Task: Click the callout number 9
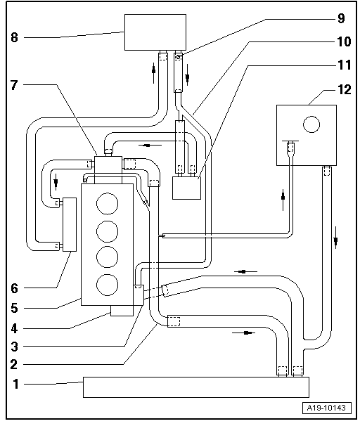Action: pyautogui.click(x=341, y=18)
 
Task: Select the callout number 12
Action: pyautogui.click(x=345, y=89)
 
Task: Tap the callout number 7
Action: pyautogui.click(x=14, y=85)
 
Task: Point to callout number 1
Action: pyautogui.click(x=15, y=384)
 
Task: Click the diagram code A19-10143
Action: pyautogui.click(x=326, y=408)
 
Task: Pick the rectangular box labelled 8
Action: pyautogui.click(x=155, y=32)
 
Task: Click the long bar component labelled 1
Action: pyautogui.click(x=196, y=387)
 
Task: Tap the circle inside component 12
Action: pyautogui.click(x=311, y=124)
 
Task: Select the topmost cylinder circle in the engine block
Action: pyautogui.click(x=108, y=204)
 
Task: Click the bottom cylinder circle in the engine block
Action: pyautogui.click(x=108, y=285)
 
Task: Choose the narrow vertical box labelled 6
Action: pyautogui.click(x=70, y=224)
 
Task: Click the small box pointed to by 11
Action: pyautogui.click(x=186, y=188)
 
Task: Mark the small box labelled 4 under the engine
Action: pyautogui.click(x=122, y=311)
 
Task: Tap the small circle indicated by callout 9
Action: pyautogui.click(x=179, y=57)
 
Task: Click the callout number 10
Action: pyautogui.click(x=344, y=41)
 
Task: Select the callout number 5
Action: pyautogui.click(x=14, y=309)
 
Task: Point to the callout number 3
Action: pyautogui.click(x=14, y=347)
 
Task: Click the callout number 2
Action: pyautogui.click(x=14, y=364)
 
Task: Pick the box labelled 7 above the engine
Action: pyautogui.click(x=108, y=164)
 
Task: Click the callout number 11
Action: pyautogui.click(x=345, y=65)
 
